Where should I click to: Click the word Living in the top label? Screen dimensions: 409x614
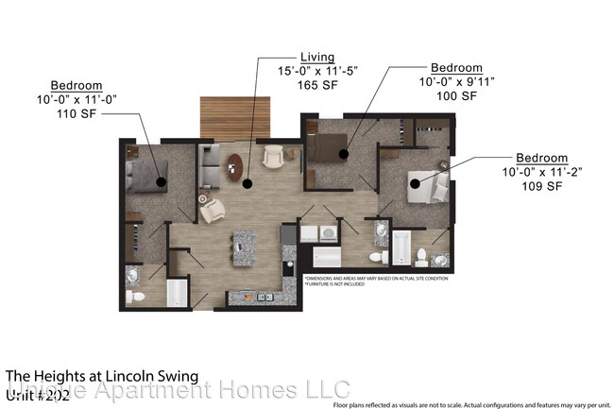click(x=318, y=57)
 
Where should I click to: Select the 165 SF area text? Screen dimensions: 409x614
click(x=318, y=84)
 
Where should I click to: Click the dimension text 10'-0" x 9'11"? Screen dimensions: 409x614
click(x=456, y=82)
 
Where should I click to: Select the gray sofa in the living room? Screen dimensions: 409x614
click(x=209, y=168)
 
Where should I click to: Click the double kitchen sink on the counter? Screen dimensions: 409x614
click(x=258, y=298)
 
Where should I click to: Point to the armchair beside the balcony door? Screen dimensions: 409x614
click(x=274, y=156)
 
